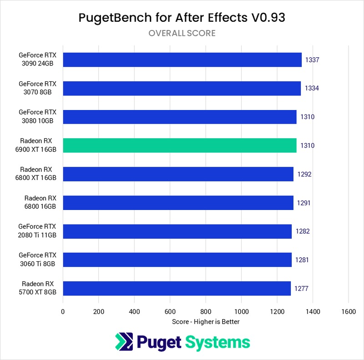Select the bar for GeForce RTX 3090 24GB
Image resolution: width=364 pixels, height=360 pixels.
click(182, 60)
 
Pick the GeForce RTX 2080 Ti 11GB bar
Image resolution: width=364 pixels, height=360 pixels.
click(177, 231)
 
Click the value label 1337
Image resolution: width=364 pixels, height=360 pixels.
click(312, 60)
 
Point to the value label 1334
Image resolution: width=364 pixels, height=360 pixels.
click(311, 88)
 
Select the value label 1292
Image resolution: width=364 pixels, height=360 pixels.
click(304, 174)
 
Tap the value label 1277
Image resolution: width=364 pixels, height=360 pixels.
click(301, 289)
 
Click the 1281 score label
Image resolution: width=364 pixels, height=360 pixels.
click(302, 260)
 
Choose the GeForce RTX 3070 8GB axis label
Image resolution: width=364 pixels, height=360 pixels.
click(37, 88)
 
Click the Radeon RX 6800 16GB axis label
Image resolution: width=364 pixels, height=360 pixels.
click(40, 203)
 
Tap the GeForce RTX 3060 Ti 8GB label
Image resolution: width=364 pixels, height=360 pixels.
click(37, 260)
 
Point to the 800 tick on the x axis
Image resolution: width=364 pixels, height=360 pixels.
click(206, 311)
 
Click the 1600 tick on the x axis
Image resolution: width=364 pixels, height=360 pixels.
click(349, 311)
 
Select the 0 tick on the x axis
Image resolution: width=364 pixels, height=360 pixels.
click(63, 311)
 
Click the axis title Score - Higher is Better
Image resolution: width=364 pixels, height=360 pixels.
click(206, 322)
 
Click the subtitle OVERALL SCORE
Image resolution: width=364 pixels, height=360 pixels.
click(182, 33)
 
